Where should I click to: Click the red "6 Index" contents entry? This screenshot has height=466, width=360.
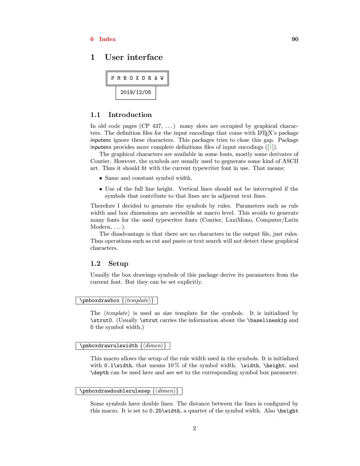103,39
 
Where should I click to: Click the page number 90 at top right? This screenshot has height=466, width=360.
295,39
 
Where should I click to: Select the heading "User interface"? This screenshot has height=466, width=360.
134,57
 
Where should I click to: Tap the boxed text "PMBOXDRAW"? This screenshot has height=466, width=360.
137,78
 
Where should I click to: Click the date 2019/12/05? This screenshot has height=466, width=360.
135,93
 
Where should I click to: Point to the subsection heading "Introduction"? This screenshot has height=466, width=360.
130,115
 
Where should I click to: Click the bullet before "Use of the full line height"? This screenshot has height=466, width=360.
101,189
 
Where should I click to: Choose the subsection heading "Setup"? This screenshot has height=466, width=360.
118,263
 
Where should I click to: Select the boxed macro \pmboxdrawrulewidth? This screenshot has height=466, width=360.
108,346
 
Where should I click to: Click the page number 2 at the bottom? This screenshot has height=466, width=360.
194,428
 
